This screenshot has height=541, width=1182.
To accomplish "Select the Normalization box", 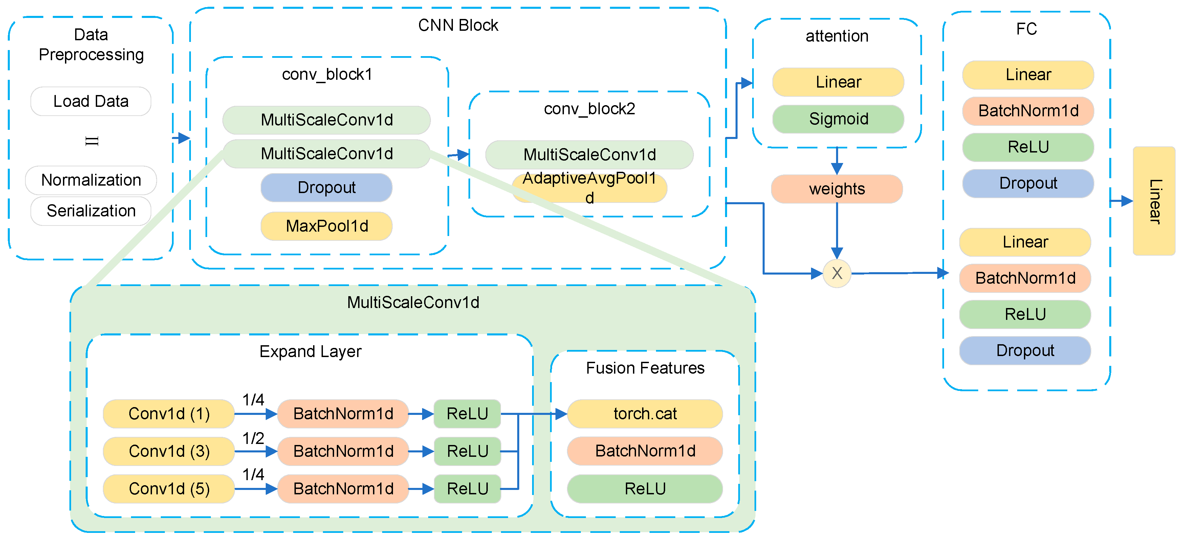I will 91,180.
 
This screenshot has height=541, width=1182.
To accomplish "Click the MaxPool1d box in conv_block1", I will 326,226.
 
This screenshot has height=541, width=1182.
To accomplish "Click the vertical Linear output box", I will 1154,201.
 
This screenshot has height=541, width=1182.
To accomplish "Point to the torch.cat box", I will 645,414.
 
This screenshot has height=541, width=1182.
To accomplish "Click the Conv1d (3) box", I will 169,451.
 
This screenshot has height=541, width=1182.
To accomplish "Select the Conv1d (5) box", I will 169,489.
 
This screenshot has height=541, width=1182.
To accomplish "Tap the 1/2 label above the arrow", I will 253,438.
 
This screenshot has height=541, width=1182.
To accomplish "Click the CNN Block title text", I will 458,25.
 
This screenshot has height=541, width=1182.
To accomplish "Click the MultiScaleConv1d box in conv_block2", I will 589,155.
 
